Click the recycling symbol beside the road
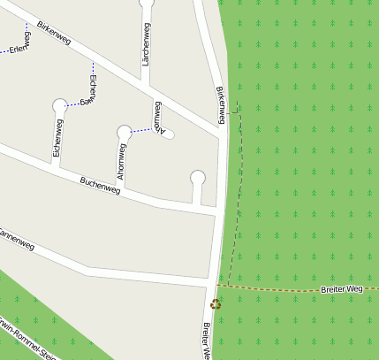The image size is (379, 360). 215,303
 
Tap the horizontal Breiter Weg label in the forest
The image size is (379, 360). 342,289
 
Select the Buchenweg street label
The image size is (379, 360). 100,185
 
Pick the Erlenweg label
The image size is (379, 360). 19,42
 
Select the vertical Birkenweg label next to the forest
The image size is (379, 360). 221,105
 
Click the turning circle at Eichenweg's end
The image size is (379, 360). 59,105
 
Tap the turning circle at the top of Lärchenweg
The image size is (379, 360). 147,3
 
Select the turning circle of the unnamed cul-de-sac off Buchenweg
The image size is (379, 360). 198,177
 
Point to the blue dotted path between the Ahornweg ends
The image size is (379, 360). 141,131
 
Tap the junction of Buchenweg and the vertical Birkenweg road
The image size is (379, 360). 217,212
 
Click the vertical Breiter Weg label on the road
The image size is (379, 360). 206,341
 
